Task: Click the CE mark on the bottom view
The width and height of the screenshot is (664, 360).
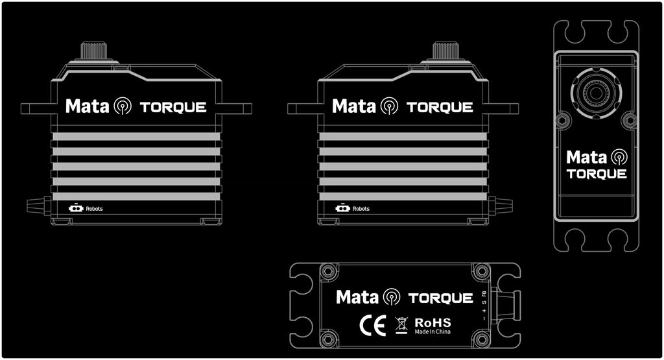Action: coord(373,324)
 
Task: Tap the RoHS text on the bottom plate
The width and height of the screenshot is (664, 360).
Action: coord(433,322)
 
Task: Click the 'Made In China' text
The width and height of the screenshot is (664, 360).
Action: coord(433,332)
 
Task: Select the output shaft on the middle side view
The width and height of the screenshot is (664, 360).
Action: coord(445,51)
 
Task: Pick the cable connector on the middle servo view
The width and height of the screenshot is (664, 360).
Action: coord(500,206)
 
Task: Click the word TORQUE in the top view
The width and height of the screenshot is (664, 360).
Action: coord(596,174)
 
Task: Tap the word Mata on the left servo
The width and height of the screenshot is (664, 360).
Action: coord(87,106)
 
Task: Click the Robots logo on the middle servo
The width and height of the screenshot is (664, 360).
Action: coord(352,208)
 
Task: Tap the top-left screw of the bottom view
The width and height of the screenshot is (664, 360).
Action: coord(328,270)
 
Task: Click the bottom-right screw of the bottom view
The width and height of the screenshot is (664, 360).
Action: coord(481,338)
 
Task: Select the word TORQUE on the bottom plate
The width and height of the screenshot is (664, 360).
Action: coord(440,298)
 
